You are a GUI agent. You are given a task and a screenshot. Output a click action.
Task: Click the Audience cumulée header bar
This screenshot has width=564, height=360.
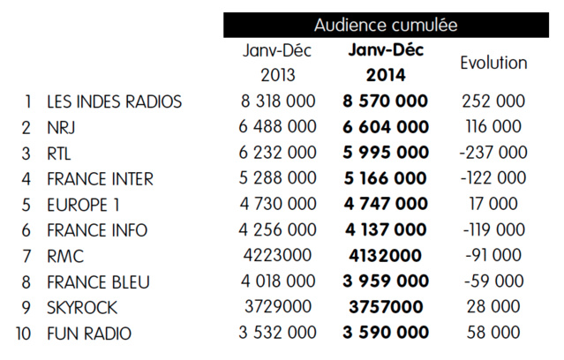[386, 25]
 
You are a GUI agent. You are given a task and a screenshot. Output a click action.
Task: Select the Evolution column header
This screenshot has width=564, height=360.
[494, 63]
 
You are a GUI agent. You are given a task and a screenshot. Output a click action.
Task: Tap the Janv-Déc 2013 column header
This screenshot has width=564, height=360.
[278, 63]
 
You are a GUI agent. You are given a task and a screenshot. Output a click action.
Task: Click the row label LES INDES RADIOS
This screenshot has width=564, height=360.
[115, 101]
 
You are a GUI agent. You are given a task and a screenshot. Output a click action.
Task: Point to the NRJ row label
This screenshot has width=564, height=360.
[63, 127]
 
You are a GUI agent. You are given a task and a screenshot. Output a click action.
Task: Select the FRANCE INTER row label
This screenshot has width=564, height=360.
[100, 179]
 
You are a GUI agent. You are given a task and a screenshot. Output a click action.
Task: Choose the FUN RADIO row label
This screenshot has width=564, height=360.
[90, 334]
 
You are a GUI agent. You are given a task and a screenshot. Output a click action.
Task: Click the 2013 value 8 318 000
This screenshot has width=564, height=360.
[278, 101]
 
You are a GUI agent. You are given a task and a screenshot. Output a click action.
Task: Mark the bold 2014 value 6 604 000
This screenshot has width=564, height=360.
[385, 127]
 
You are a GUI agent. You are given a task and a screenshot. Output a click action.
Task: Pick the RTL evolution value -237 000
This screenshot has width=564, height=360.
[493, 153]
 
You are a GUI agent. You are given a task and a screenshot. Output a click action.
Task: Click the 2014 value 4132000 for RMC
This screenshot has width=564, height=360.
[385, 257]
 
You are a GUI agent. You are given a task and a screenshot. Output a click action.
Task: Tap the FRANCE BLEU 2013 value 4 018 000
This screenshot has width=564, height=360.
[278, 282]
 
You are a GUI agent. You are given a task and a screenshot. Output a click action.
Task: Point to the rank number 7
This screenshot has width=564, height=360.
[29, 257]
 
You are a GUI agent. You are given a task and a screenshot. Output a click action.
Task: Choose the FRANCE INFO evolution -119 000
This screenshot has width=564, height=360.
[493, 230]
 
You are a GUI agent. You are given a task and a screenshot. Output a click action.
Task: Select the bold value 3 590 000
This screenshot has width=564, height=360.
[385, 334]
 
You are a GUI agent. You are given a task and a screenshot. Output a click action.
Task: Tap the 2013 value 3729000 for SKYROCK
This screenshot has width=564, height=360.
[278, 308]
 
